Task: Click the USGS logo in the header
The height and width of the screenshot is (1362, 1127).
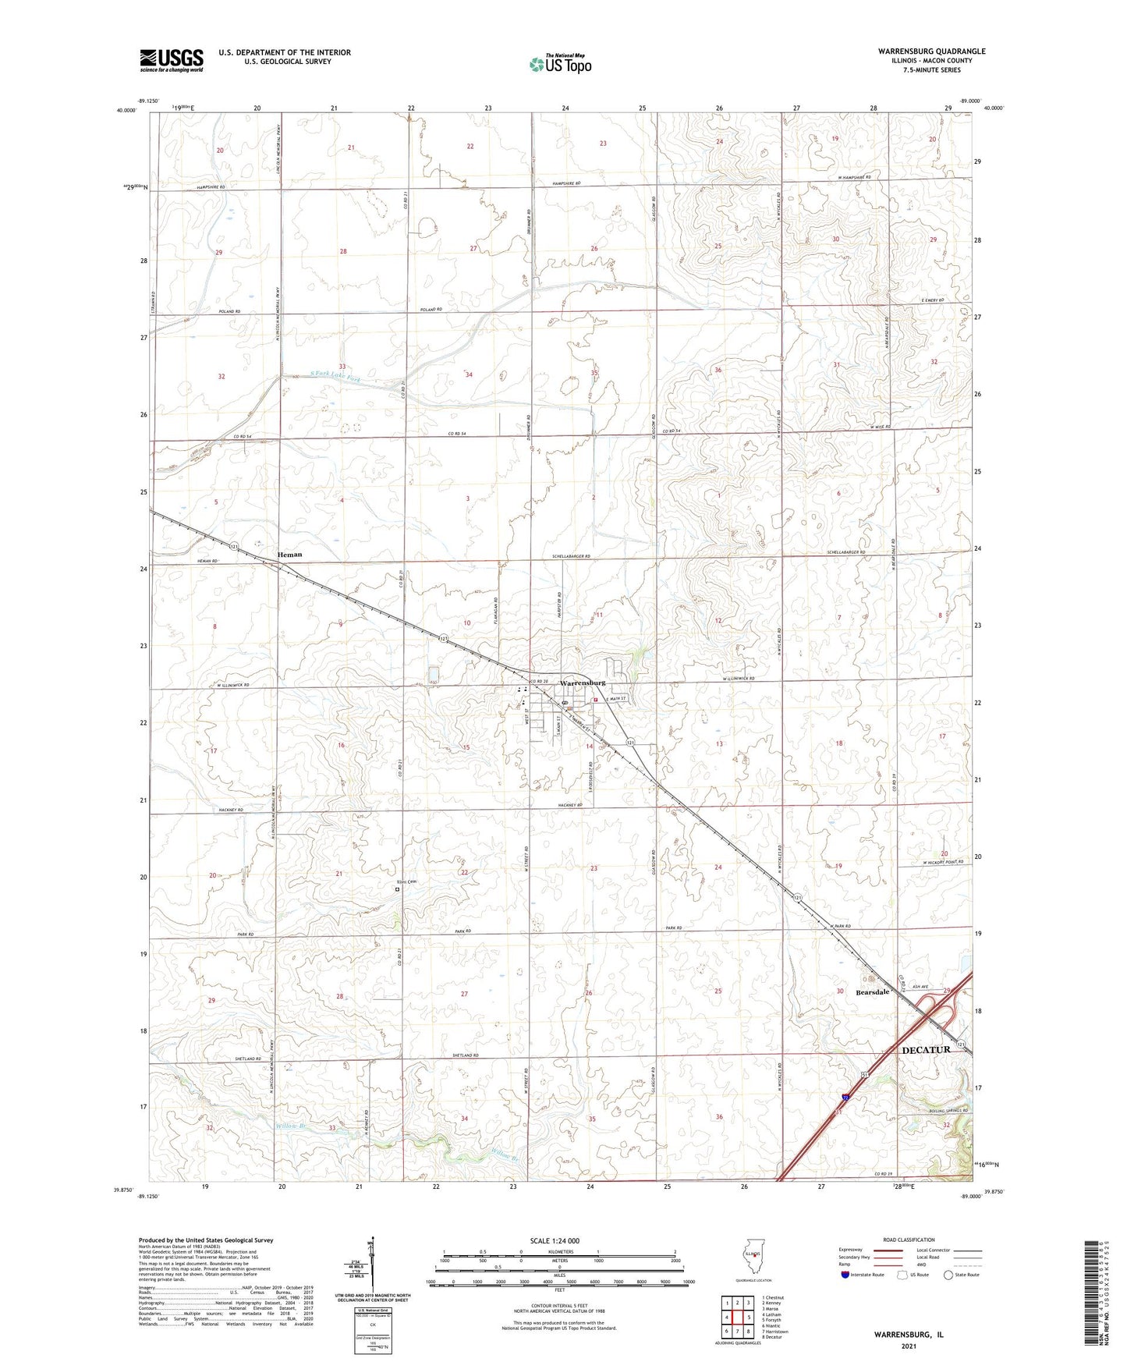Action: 172,59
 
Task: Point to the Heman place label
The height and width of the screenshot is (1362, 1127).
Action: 290,555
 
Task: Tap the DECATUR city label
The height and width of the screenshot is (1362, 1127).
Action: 926,1050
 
